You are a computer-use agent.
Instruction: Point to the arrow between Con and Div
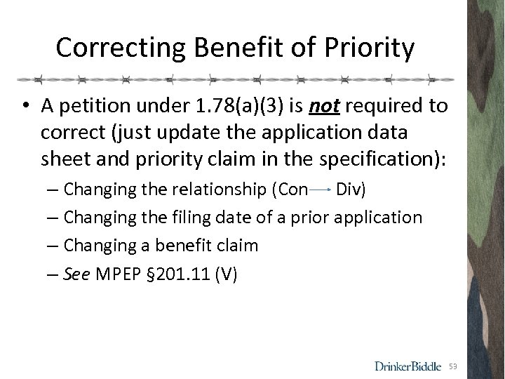(x=321, y=189)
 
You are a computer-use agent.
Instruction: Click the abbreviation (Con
(x=290, y=189)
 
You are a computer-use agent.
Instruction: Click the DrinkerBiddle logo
(x=408, y=366)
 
